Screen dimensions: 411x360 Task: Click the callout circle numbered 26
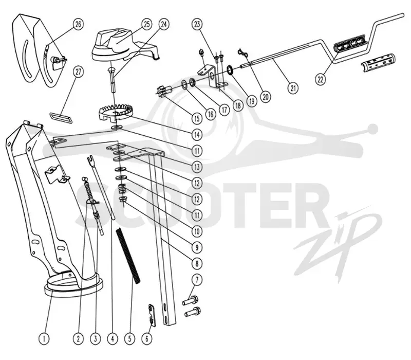(78, 24)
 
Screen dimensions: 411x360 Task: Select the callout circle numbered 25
(147, 24)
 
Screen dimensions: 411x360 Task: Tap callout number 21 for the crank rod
(293, 87)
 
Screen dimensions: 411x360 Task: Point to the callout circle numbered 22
(320, 79)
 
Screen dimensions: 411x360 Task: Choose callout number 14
(197, 135)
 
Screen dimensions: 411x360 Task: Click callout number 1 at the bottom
(44, 339)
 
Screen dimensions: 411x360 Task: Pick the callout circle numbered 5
(129, 339)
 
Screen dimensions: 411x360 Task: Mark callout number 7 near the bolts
(197, 280)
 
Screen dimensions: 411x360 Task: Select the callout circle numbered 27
(79, 72)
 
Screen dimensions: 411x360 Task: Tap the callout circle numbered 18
(238, 105)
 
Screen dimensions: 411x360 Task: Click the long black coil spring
(128, 256)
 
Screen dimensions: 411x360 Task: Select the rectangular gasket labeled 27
(61, 117)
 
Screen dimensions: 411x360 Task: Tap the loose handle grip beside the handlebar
(378, 63)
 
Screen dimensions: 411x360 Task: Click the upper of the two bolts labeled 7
(190, 300)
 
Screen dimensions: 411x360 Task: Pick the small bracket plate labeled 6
(152, 315)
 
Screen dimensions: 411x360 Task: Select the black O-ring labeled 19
(231, 70)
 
